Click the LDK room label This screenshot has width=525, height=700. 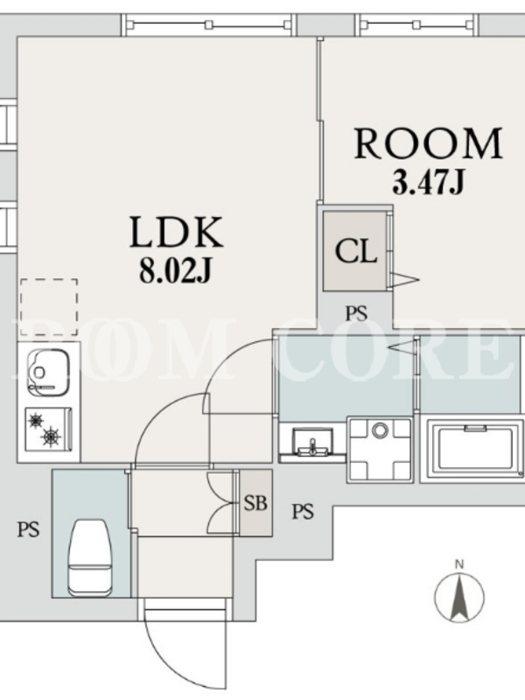176,232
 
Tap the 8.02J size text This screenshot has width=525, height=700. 174,270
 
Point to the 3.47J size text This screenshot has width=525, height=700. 429,182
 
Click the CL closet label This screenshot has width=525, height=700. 356,251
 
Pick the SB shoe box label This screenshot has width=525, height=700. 255,503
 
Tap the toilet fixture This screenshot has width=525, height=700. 90,557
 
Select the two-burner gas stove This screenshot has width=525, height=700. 49,429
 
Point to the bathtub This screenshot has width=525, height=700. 475,451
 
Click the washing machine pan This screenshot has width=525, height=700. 380,450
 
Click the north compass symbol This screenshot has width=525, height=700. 459,596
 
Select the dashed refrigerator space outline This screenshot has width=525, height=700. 48,307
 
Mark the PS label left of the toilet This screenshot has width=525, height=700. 29,530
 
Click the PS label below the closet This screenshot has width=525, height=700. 357,313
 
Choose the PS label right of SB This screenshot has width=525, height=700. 303,511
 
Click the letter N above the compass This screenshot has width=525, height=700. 458,564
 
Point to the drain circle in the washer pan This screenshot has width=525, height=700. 381,430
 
